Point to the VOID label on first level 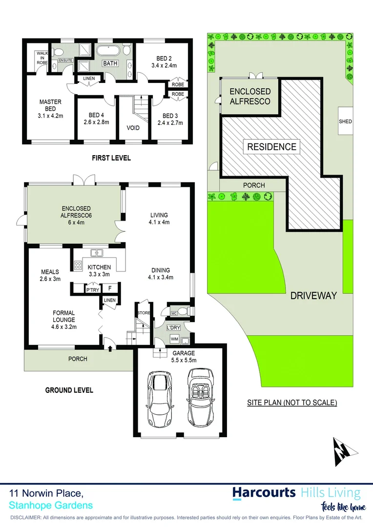[x=133, y=128]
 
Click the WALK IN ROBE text [x=41, y=58]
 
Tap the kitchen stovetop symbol [x=78, y=266]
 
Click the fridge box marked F [x=110, y=289]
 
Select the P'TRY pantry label [x=92, y=290]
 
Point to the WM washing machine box [x=174, y=338]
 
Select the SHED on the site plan [x=346, y=122]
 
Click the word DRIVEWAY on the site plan [x=313, y=295]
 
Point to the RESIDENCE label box [x=271, y=146]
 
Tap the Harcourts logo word [x=264, y=492]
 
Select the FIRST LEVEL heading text [x=111, y=158]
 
